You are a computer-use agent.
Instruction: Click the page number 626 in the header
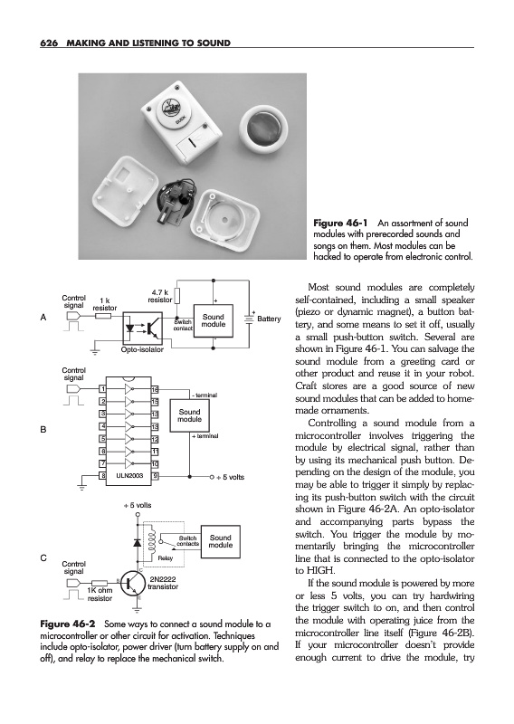[48, 43]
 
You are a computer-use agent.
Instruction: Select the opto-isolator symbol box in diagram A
[143, 328]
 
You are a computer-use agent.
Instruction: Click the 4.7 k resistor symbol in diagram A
[176, 297]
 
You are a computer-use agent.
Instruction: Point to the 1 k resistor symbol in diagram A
[103, 316]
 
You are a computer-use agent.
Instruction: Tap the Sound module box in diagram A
[213, 320]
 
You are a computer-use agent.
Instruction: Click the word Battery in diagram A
[269, 319]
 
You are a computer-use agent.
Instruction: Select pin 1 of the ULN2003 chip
[103, 389]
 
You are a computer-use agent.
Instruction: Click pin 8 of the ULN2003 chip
[103, 476]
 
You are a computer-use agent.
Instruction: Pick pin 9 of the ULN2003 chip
[155, 476]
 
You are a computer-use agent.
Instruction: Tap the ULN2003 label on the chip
[129, 476]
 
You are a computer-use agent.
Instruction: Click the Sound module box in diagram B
[189, 415]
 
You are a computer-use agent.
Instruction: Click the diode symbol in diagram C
[138, 542]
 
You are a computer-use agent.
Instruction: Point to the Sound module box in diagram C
[220, 541]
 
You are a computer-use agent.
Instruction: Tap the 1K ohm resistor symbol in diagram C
[100, 583]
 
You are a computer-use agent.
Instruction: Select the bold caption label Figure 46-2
[68, 624]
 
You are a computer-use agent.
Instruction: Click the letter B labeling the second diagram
[43, 430]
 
